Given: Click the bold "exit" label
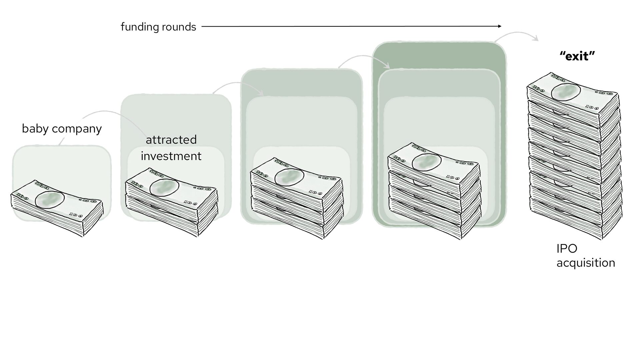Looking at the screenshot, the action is (x=577, y=56).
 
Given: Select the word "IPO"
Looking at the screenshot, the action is (x=567, y=248).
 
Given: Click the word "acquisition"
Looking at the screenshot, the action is (x=586, y=263).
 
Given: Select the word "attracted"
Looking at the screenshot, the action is (x=171, y=140).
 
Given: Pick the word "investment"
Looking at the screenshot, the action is (x=171, y=156).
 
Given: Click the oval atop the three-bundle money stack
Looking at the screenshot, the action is (x=289, y=176).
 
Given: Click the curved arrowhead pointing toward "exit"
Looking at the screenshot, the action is (x=536, y=40).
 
